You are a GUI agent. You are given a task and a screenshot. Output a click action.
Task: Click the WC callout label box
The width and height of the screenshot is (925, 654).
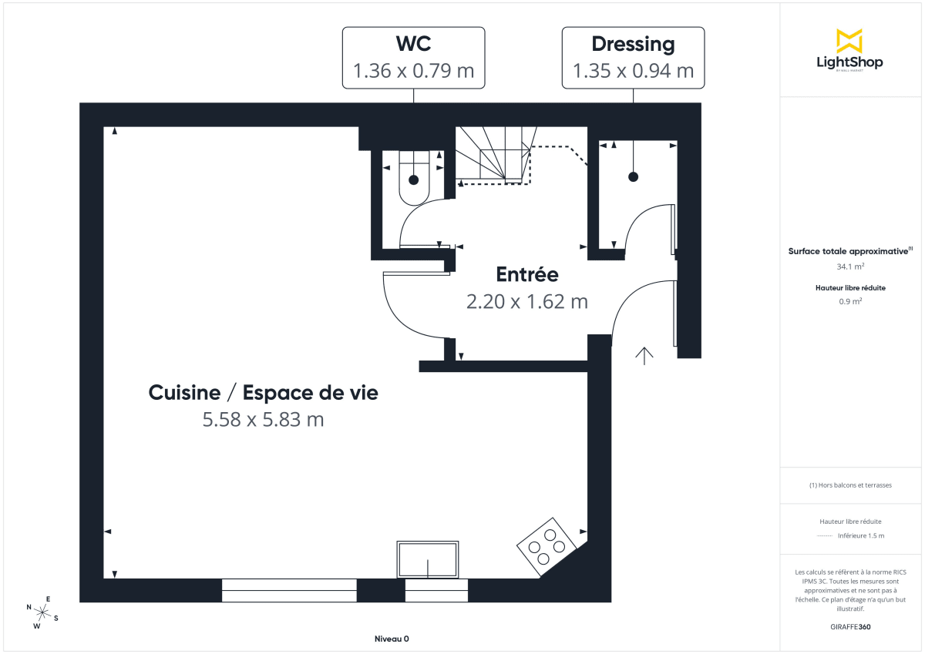point(413,58)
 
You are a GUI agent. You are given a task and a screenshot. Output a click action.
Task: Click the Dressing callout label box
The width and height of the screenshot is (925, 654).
point(633,58)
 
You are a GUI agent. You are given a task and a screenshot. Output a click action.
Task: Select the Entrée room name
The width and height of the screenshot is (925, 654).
point(526,274)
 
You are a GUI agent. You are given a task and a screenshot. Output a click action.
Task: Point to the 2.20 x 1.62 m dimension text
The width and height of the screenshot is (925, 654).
point(526,301)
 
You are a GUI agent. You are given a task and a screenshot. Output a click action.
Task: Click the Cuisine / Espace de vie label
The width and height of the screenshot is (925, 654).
point(264,393)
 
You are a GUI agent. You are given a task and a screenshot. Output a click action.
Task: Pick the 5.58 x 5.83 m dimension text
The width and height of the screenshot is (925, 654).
point(263,420)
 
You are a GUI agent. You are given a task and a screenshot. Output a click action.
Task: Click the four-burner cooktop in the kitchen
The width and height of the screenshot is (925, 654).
point(547,546)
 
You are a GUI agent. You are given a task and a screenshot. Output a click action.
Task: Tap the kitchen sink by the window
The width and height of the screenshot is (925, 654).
point(428,559)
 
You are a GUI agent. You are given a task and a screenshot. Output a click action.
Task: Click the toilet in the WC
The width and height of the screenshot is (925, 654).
point(414,179)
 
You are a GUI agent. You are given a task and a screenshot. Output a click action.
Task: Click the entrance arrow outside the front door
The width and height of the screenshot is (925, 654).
point(644,354)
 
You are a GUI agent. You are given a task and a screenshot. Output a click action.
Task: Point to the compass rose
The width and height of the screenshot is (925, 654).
point(43,612)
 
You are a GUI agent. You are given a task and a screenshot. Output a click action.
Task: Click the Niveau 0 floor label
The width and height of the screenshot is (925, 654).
point(392,639)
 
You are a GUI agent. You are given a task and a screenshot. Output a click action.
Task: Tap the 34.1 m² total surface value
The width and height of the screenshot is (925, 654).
point(850,267)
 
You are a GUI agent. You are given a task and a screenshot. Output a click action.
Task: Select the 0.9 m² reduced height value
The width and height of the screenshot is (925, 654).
point(850,301)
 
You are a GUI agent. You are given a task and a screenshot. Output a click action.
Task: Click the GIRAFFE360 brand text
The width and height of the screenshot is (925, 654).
point(850,627)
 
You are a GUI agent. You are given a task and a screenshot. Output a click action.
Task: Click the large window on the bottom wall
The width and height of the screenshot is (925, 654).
point(289,590)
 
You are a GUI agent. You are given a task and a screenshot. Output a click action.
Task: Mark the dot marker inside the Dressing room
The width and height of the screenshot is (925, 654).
point(634,177)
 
